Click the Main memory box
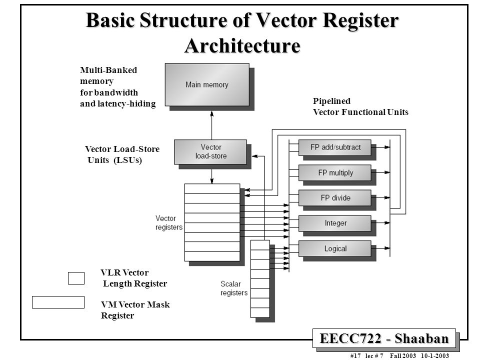pyautogui.click(x=207, y=84)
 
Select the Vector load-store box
pyautogui.click(x=210, y=151)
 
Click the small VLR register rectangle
pyautogui.click(x=76, y=277)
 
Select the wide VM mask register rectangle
pyautogui.click(x=58, y=302)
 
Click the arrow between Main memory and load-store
pyautogui.click(x=212, y=124)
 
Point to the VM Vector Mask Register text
pyautogui.click(x=135, y=310)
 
